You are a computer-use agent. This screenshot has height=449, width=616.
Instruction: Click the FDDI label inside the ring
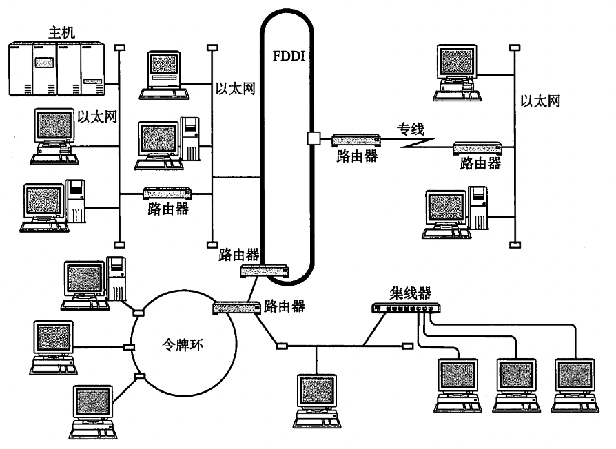pos(289,56)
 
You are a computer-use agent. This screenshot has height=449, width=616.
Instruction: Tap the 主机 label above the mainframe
pos(62,32)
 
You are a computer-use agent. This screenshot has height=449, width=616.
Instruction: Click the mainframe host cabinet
pos(57,69)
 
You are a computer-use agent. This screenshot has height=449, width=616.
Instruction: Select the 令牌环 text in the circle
pos(183,345)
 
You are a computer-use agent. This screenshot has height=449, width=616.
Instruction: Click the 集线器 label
pos(411,293)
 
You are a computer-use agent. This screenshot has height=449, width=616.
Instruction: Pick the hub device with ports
pos(407,308)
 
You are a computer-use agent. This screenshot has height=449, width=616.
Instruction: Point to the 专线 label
pos(411,129)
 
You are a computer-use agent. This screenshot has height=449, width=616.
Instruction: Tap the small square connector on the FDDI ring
pos(314,138)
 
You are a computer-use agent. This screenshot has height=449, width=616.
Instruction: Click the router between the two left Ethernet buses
pos(167,193)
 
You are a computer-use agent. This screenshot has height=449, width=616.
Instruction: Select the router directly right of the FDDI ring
pos(356,140)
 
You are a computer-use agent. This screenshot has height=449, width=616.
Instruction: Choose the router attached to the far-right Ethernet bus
pos(478,147)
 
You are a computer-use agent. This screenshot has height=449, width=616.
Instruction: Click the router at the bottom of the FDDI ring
pos(265,271)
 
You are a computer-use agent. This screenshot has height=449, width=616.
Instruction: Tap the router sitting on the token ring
pos(237,308)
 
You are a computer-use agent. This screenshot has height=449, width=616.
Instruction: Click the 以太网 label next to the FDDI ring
pos(236,89)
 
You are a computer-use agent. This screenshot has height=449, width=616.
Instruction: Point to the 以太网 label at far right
pos(541,101)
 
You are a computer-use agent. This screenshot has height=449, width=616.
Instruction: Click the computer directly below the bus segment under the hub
pos(317,401)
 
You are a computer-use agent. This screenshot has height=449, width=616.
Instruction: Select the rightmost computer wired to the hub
pos(575,385)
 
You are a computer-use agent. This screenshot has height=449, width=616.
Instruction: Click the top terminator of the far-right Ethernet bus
pos(515,48)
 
